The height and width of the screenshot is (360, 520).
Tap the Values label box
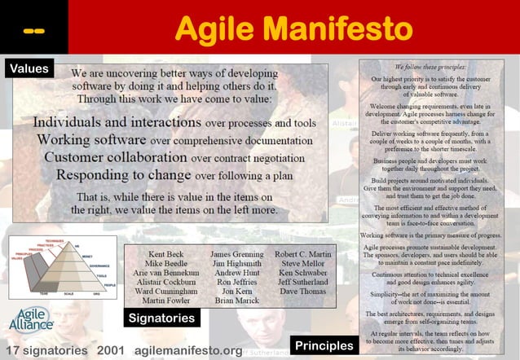click(x=29, y=69)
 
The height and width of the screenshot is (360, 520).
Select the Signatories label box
click(x=161, y=318)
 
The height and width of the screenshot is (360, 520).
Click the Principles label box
click(x=324, y=345)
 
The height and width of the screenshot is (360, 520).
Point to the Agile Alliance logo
click(x=31, y=320)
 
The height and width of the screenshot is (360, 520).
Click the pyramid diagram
click(x=62, y=266)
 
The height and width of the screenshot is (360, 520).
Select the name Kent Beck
click(x=165, y=255)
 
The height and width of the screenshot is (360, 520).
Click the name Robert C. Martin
click(x=302, y=255)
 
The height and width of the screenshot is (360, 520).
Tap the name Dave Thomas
click(x=302, y=291)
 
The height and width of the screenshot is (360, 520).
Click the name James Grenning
click(x=236, y=255)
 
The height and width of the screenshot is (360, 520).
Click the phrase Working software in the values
click(x=91, y=140)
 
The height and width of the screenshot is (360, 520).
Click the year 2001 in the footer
click(x=111, y=350)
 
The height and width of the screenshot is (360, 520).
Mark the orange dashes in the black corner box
click(x=33, y=31)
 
